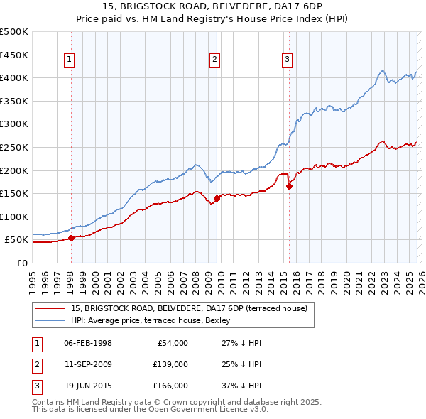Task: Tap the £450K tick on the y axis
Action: tap(14, 55)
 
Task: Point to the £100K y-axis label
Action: tap(14, 217)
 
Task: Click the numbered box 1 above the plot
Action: tap(70, 60)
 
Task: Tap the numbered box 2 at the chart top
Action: tap(214, 60)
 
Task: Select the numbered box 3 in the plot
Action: tap(288, 60)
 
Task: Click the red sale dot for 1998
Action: tap(71, 238)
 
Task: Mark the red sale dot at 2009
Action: tap(217, 199)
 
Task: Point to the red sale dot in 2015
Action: tap(289, 186)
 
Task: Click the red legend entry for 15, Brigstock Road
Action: tap(189, 308)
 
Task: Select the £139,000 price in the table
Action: tap(170, 364)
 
